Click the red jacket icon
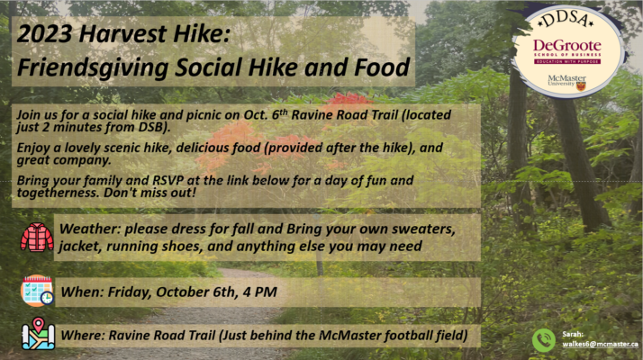[37, 237]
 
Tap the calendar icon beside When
[37, 291]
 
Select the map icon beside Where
[38, 334]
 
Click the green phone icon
[544, 340]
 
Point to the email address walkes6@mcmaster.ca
[600, 344]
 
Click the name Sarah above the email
[573, 334]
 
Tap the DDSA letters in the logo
[566, 19]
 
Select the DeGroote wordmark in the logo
[567, 46]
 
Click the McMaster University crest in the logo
[581, 86]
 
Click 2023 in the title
[45, 33]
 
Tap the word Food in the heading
[382, 67]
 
